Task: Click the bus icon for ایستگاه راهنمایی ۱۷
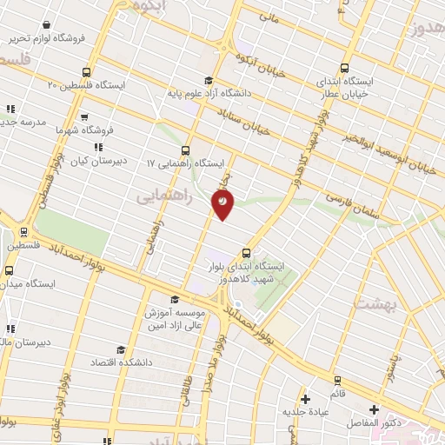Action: (x=185, y=149)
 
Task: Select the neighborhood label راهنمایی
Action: (x=159, y=198)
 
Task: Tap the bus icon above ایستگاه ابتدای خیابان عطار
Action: (x=345, y=68)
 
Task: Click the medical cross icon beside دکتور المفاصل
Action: (x=374, y=409)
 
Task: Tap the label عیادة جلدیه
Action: (x=303, y=411)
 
